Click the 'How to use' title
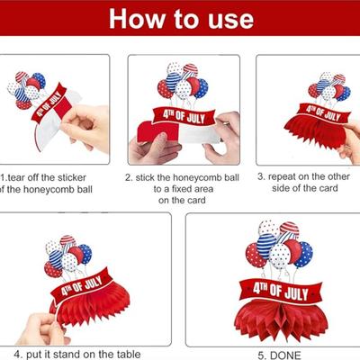(x=181, y=19)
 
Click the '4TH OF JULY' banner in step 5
(x=281, y=290)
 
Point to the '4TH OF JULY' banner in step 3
(x=323, y=113)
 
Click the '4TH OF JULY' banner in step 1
(x=49, y=103)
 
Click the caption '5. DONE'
(x=279, y=355)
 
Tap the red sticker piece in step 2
(x=158, y=131)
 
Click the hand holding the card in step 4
(x=42, y=328)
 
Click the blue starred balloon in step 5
(x=303, y=255)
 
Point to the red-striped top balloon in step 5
(x=289, y=229)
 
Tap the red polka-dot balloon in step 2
(x=166, y=89)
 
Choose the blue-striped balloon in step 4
(x=56, y=258)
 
